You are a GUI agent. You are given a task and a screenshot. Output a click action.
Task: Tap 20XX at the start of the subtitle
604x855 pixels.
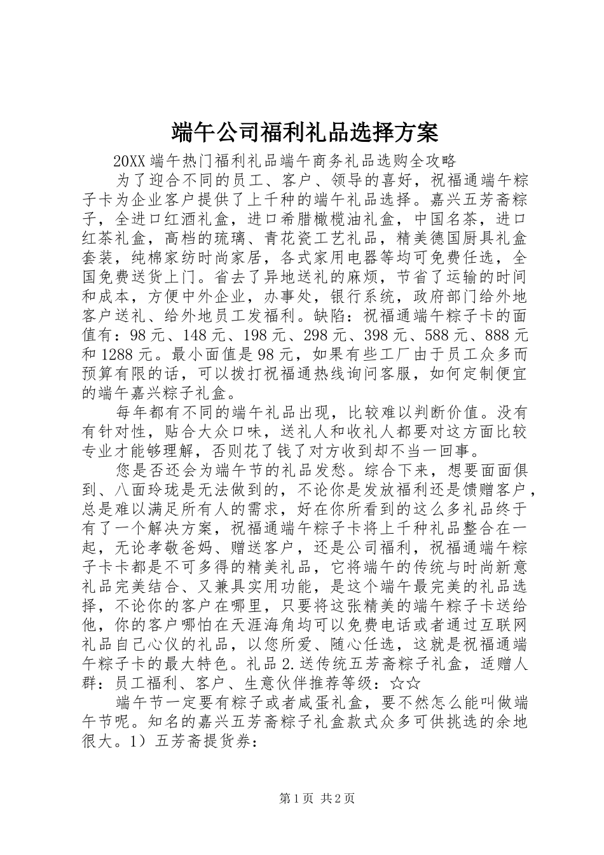pyautogui.click(x=129, y=160)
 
